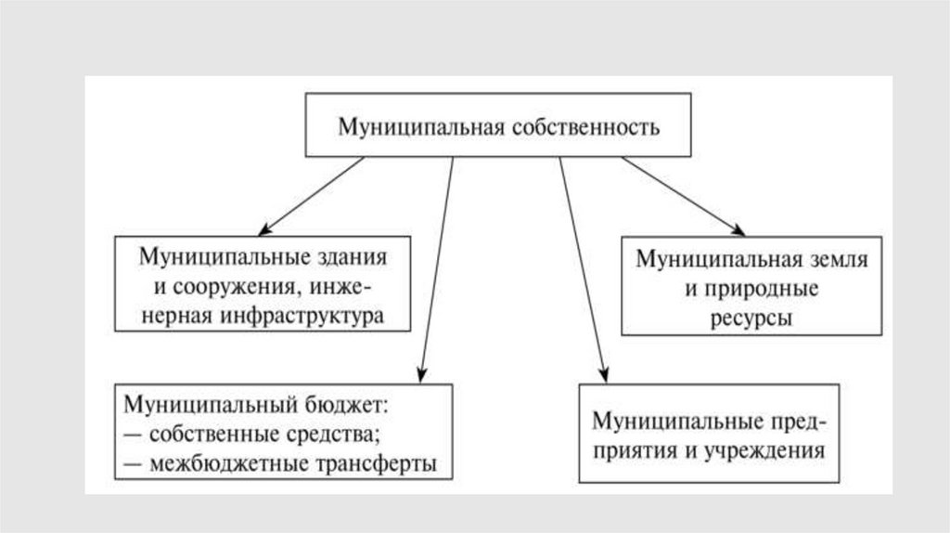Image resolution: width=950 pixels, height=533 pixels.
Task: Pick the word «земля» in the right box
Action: coord(836,259)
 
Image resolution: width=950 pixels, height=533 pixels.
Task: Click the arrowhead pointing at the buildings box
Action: coord(265,228)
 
